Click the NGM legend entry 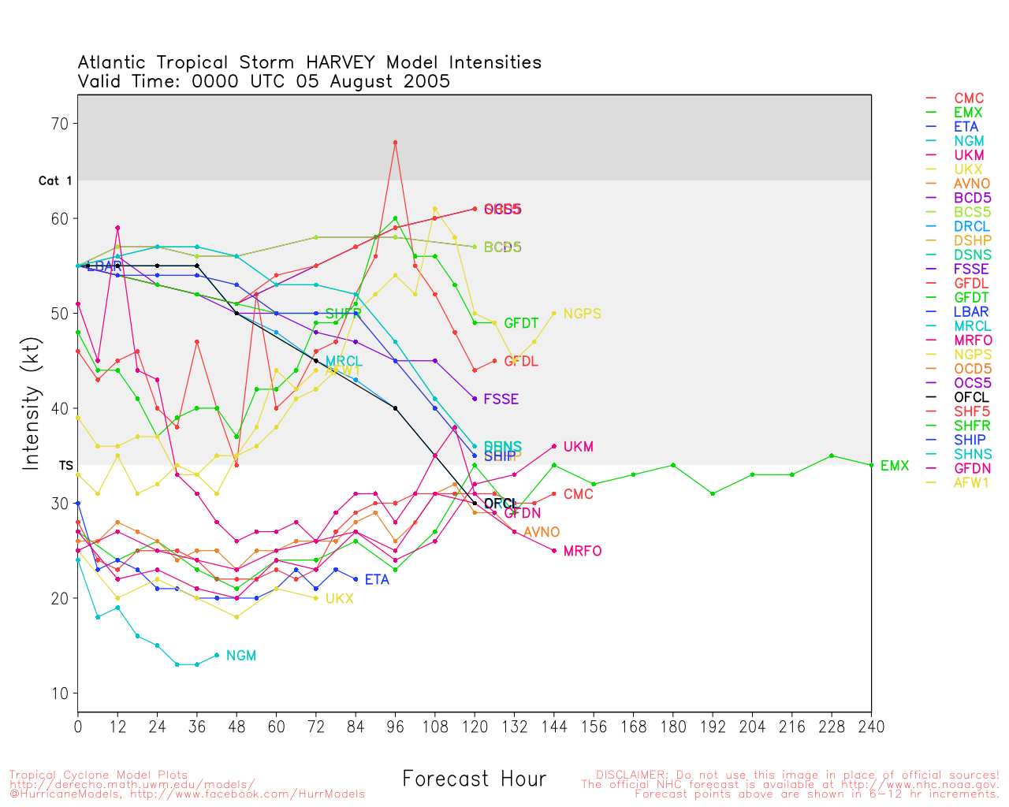pos(966,141)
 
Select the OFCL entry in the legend pos(971,397)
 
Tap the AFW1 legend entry pos(971,482)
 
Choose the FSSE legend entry pos(971,269)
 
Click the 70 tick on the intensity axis pos(60,124)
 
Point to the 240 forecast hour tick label pos(871,727)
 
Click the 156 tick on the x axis pos(594,727)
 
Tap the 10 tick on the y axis pos(60,694)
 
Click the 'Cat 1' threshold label pos(55,181)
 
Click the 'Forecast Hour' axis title pos(474,779)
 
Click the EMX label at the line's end pos(895,466)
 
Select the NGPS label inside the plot pos(582,314)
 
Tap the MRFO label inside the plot pos(582,551)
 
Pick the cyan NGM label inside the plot pos(240,656)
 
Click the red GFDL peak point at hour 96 pos(395,143)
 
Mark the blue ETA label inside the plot pos(377,579)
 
